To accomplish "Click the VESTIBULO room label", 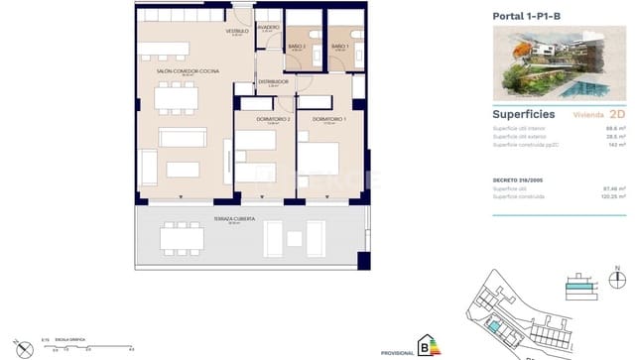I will coord(236,32).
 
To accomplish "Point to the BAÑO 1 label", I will coord(340,46).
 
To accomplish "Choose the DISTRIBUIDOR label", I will coord(273,82).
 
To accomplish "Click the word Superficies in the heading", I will coord(522,113).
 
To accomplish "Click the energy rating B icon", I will coord(430,345).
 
